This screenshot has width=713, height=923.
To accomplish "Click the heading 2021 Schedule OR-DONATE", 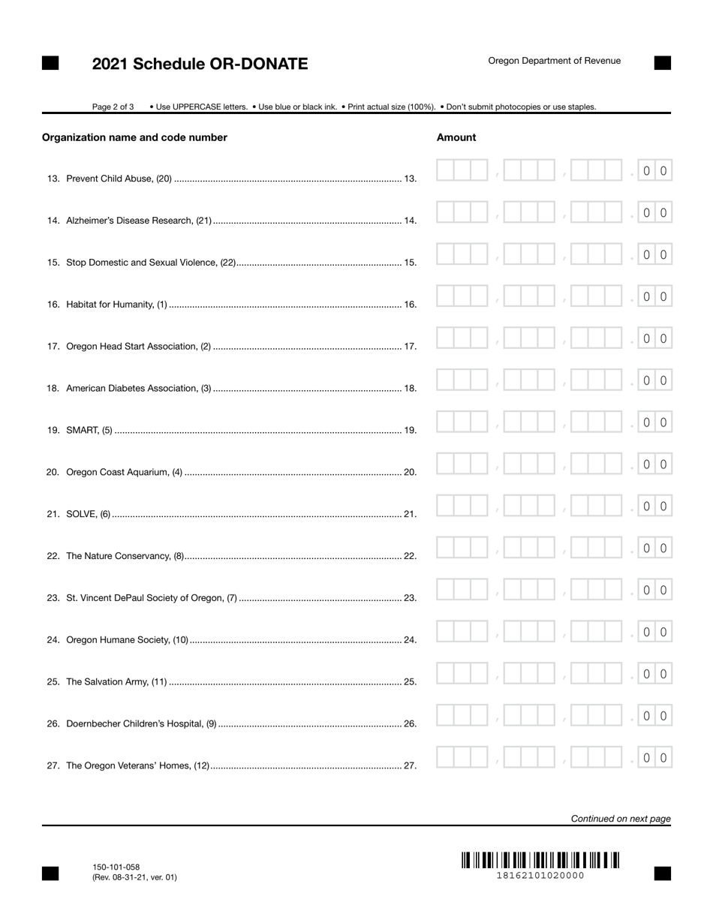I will click(200, 64).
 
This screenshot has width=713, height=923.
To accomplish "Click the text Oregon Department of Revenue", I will click(554, 61).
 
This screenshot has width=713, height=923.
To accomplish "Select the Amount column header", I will click(456, 137).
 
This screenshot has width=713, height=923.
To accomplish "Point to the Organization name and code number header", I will click(134, 137).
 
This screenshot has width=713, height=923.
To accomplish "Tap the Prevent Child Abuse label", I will click(119, 179).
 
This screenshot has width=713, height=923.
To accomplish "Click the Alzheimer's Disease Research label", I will click(139, 221).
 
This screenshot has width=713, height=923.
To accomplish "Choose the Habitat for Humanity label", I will click(117, 305).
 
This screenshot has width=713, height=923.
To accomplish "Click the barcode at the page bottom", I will click(540, 860).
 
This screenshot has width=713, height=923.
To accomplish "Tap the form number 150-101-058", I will click(116, 867).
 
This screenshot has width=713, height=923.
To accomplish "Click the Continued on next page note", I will click(621, 819).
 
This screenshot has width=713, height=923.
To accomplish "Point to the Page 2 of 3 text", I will click(113, 107).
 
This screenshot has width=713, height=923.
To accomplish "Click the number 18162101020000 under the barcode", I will click(540, 876).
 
